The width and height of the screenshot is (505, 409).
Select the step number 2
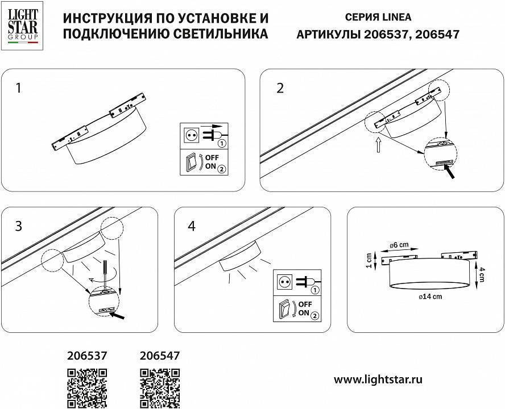pyautogui.click(x=280, y=88)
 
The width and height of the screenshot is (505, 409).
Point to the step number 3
pyautogui.click(x=19, y=226)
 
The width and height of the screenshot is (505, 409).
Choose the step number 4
pyautogui.click(x=191, y=226)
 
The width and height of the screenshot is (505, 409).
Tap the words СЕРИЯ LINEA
pyautogui.click(x=378, y=17)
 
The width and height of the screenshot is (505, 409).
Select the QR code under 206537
pyautogui.click(x=87, y=388)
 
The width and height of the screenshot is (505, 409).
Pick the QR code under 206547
pyautogui.click(x=160, y=388)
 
